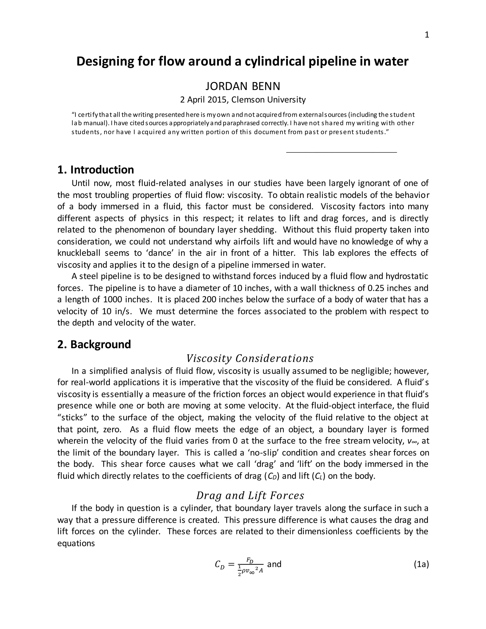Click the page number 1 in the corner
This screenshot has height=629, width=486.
[427, 35]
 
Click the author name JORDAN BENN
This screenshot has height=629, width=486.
[243, 86]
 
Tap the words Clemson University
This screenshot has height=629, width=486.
[268, 100]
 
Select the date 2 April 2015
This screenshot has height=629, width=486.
[204, 100]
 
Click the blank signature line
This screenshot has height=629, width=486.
[341, 151]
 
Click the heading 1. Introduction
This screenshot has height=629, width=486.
[96, 170]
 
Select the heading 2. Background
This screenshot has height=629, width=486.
[94, 344]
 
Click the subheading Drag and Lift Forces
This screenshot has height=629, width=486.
[250, 496]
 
